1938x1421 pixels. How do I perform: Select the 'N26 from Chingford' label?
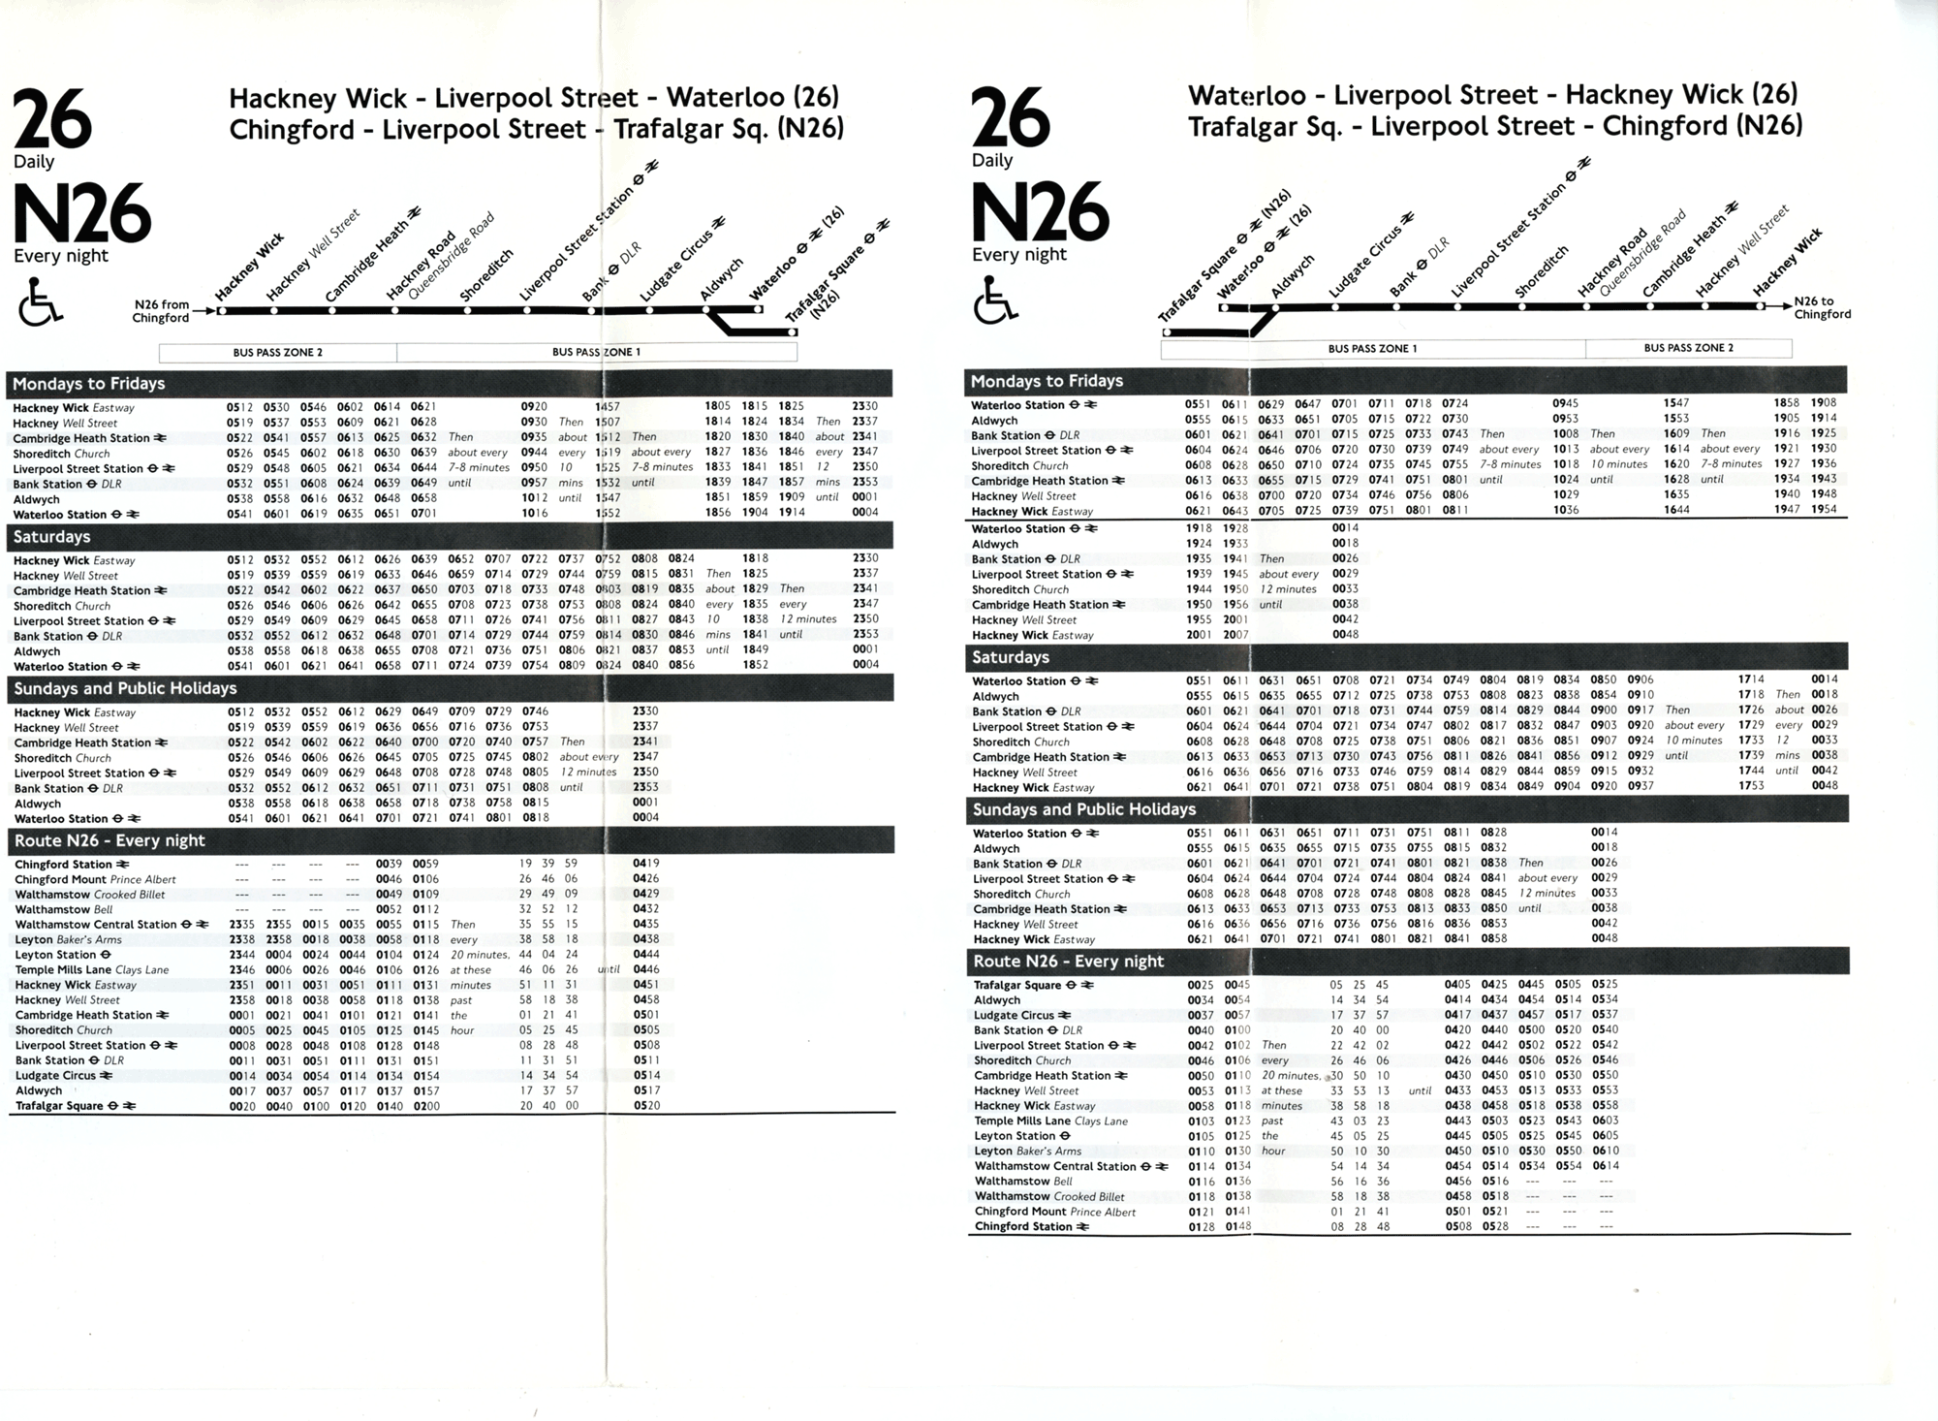[161, 311]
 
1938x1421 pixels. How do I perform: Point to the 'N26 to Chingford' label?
[1822, 307]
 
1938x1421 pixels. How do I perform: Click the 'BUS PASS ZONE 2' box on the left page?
[278, 353]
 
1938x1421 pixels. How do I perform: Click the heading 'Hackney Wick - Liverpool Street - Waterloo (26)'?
[534, 98]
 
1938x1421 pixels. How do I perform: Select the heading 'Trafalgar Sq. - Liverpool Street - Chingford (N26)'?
[1495, 127]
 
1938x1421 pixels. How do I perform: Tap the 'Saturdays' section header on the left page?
[52, 537]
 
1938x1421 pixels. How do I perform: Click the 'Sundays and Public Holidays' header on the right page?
[1083, 809]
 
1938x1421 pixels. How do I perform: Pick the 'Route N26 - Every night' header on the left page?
[109, 840]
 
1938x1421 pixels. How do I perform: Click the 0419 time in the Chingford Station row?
[646, 864]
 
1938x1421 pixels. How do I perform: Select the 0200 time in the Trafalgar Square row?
[425, 1106]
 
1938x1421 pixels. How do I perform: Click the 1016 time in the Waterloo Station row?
[535, 514]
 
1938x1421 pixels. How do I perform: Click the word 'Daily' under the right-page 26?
[992, 161]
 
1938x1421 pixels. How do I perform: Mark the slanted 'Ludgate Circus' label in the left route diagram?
[677, 266]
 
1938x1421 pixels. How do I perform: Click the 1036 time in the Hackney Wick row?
[1566, 510]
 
